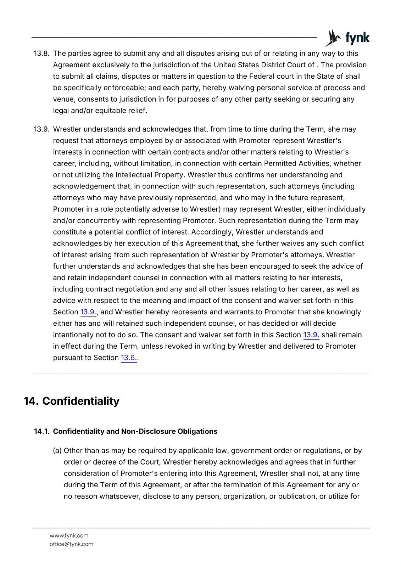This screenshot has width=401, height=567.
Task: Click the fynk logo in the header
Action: pyautogui.click(x=347, y=38)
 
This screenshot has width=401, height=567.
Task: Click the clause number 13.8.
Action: pyautogui.click(x=41, y=54)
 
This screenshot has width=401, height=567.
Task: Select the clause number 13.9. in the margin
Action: pyautogui.click(x=41, y=129)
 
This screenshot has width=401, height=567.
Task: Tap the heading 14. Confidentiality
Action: pyautogui.click(x=72, y=401)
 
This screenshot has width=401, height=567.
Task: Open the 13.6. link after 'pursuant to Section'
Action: pyautogui.click(x=128, y=358)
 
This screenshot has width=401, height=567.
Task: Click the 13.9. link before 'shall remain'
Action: pyautogui.click(x=311, y=335)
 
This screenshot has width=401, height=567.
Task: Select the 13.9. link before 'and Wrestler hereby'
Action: pyautogui.click(x=88, y=312)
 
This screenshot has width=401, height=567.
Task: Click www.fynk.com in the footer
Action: pyautogui.click(x=69, y=535)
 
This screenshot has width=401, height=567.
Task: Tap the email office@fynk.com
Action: pyautogui.click(x=71, y=544)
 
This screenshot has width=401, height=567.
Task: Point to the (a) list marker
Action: pyautogui.click(x=57, y=451)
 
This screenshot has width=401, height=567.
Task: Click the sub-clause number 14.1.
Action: pyautogui.click(x=41, y=431)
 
